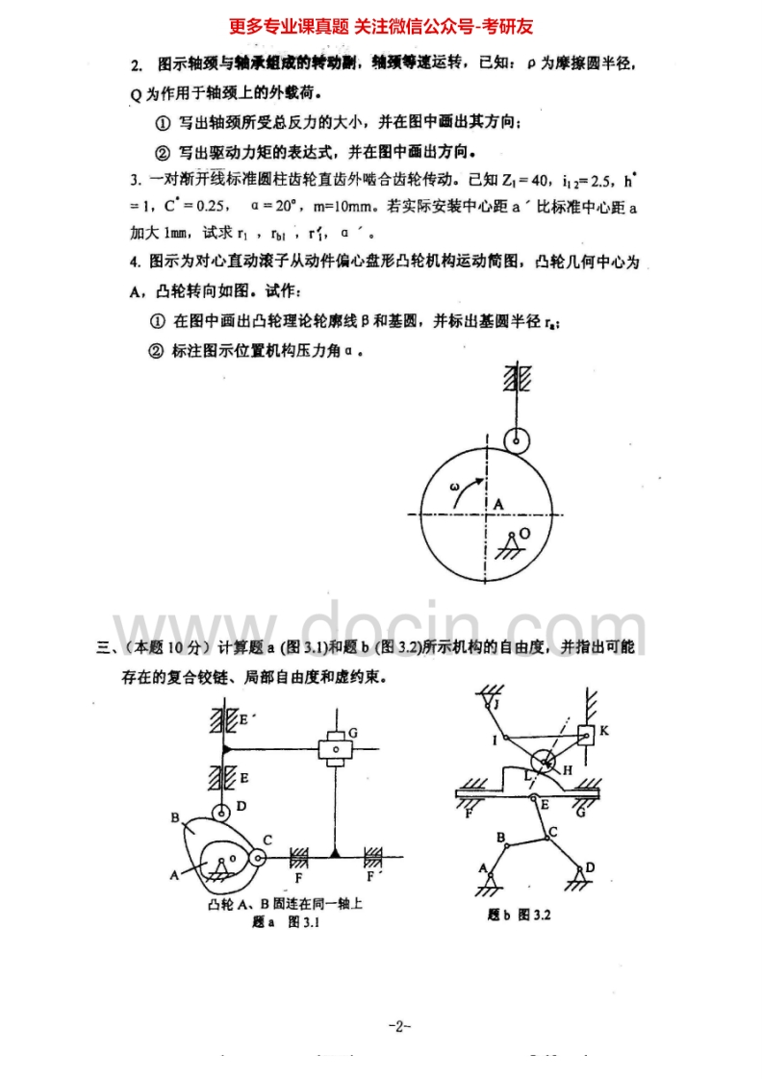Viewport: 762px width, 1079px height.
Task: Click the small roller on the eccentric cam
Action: click(517, 439)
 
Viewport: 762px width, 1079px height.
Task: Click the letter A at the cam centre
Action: click(498, 503)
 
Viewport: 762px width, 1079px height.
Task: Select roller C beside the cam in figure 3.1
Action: click(257, 858)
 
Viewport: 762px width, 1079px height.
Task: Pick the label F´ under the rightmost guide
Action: click(371, 877)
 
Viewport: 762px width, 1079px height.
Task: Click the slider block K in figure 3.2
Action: click(586, 735)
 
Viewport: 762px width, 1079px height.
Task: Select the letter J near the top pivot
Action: click(497, 703)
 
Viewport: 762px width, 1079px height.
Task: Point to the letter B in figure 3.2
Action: click(501, 838)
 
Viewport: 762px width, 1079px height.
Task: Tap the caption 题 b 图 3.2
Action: click(519, 915)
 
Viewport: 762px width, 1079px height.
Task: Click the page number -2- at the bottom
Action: click(399, 1027)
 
